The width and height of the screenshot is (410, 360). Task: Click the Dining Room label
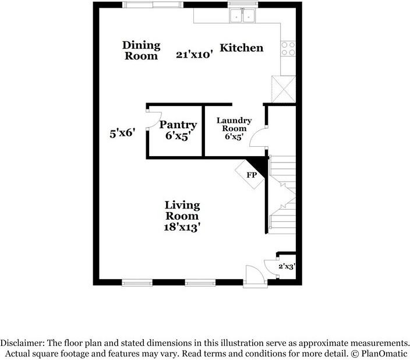pos(140,50)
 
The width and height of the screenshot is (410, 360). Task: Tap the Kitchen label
pos(241,48)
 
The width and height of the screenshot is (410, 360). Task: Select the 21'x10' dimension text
pos(195,55)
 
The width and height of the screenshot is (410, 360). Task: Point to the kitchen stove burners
pos(288,48)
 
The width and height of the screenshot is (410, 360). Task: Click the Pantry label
pos(178,125)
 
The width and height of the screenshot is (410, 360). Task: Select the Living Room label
pos(182,210)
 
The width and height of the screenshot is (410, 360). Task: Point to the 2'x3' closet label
pos(286,266)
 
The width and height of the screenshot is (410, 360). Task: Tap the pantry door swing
pos(151,121)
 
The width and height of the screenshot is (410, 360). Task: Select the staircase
pos(282,192)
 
